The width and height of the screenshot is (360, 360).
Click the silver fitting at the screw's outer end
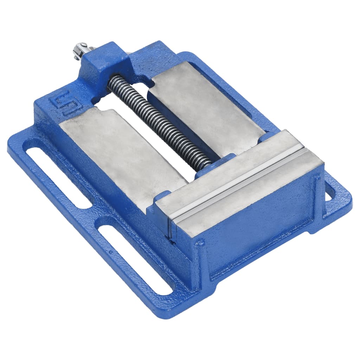80,50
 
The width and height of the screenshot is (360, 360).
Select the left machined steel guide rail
123,148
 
